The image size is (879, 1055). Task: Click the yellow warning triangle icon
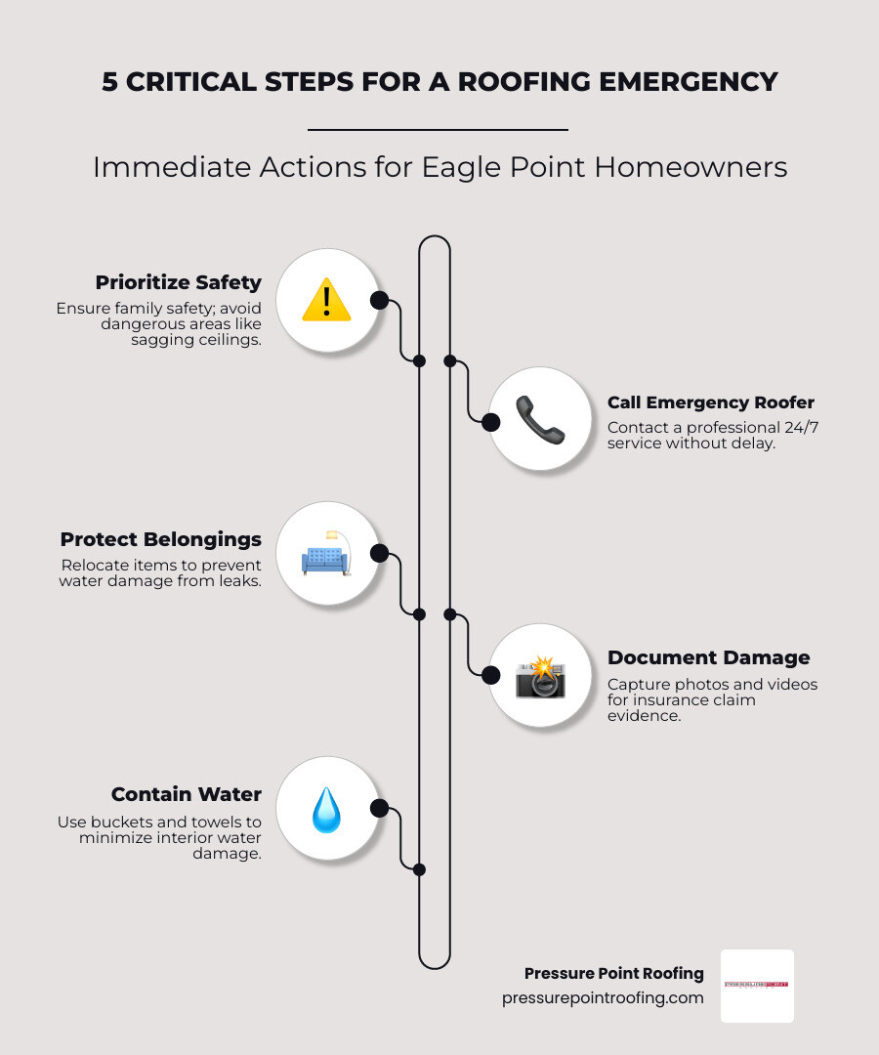pos(326,300)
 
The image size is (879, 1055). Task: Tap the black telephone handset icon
pos(540,420)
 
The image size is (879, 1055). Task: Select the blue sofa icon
pos(326,556)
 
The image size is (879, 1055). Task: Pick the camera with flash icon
pos(540,676)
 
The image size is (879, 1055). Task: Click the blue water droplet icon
pos(326,810)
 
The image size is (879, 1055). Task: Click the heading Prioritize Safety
pos(178,282)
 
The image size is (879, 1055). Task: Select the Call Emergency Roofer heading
pos(710,402)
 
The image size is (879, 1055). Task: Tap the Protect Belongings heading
pos(160,539)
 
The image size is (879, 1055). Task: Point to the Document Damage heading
pos(708,657)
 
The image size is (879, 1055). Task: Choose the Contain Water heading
pos(186,794)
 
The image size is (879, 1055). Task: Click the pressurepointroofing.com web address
pos(603,997)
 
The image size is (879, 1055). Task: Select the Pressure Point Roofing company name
pos(613,973)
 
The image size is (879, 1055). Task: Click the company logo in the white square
pos(757,985)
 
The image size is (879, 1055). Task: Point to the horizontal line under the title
pos(438,129)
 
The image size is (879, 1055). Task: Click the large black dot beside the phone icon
pos(491,422)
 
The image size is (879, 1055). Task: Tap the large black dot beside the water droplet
pos(379,809)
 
